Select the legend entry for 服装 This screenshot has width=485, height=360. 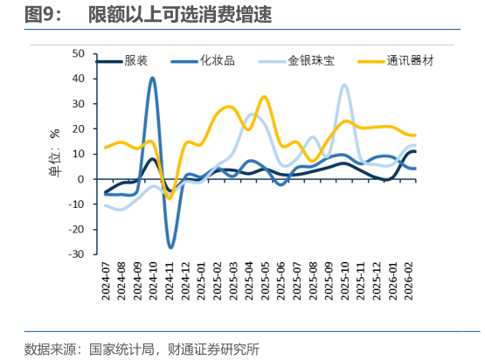click(x=135, y=61)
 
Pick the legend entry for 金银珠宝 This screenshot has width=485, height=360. click(x=311, y=61)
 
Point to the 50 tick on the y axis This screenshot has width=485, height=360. click(x=77, y=53)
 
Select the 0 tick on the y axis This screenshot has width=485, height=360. click(x=80, y=179)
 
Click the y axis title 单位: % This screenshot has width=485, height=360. click(x=54, y=155)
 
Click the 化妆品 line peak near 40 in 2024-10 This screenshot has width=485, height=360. click(x=153, y=79)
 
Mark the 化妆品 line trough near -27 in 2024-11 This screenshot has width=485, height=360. click(x=170, y=246)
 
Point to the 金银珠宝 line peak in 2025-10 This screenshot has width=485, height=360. click(x=344, y=85)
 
